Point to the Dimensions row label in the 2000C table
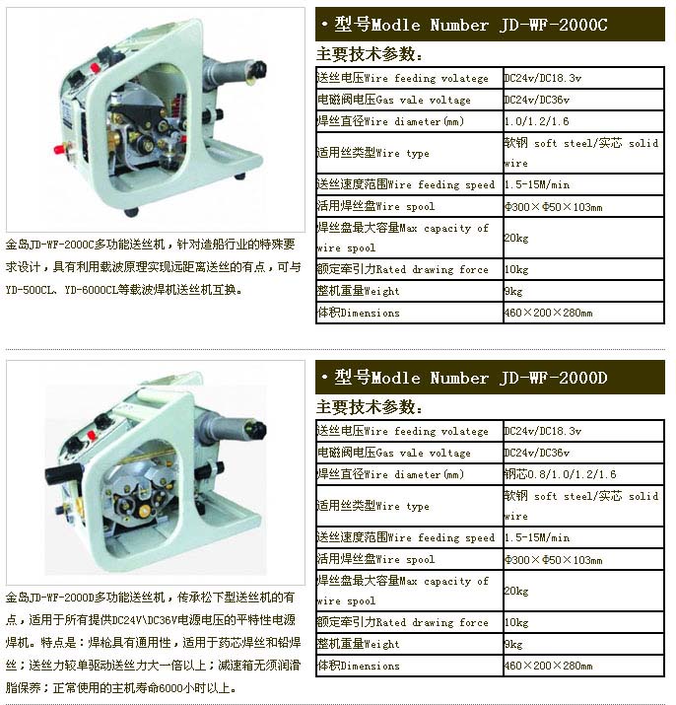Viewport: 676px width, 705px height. pos(359,313)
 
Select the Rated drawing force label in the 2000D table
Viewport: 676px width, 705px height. pos(403,622)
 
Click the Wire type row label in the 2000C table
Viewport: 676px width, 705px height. pos(373,153)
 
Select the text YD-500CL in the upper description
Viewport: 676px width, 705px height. pos(30,290)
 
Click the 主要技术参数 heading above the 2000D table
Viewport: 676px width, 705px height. pos(369,407)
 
